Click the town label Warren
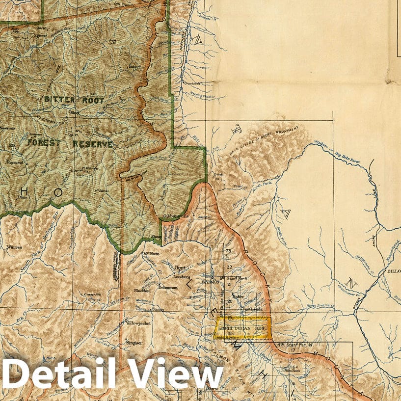coord(14,248)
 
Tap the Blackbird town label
coord(141,291)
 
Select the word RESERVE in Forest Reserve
coord(93,144)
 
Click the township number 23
coord(228,251)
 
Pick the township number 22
coord(229,267)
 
